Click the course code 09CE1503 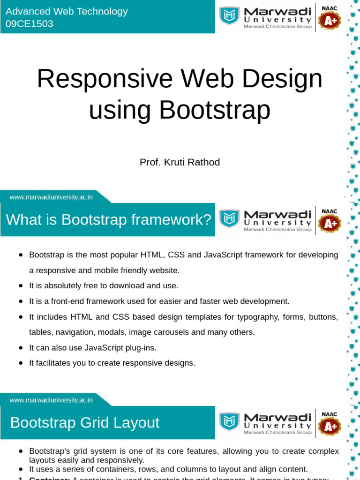coord(30,23)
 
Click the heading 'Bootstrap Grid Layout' coord(85,422)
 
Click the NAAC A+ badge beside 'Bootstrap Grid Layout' coord(330,423)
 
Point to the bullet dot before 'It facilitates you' coord(21,363)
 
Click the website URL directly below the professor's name coord(51,197)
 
